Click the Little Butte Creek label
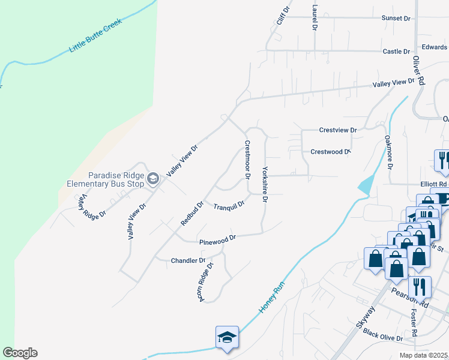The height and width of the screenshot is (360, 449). [96, 35]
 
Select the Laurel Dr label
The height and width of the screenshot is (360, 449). [315, 17]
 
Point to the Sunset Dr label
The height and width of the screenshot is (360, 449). [396, 19]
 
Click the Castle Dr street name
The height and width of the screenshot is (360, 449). [396, 52]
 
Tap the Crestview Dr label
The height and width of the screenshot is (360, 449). [338, 130]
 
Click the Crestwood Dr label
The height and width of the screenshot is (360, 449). [330, 152]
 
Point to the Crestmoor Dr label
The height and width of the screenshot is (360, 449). [247, 160]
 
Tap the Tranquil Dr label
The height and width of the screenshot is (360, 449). [229, 205]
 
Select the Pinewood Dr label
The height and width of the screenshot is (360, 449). [217, 239]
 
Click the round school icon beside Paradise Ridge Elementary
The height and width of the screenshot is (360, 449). [153, 178]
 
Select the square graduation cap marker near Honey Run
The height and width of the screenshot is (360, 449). [228, 337]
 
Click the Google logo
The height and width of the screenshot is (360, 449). [20, 353]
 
